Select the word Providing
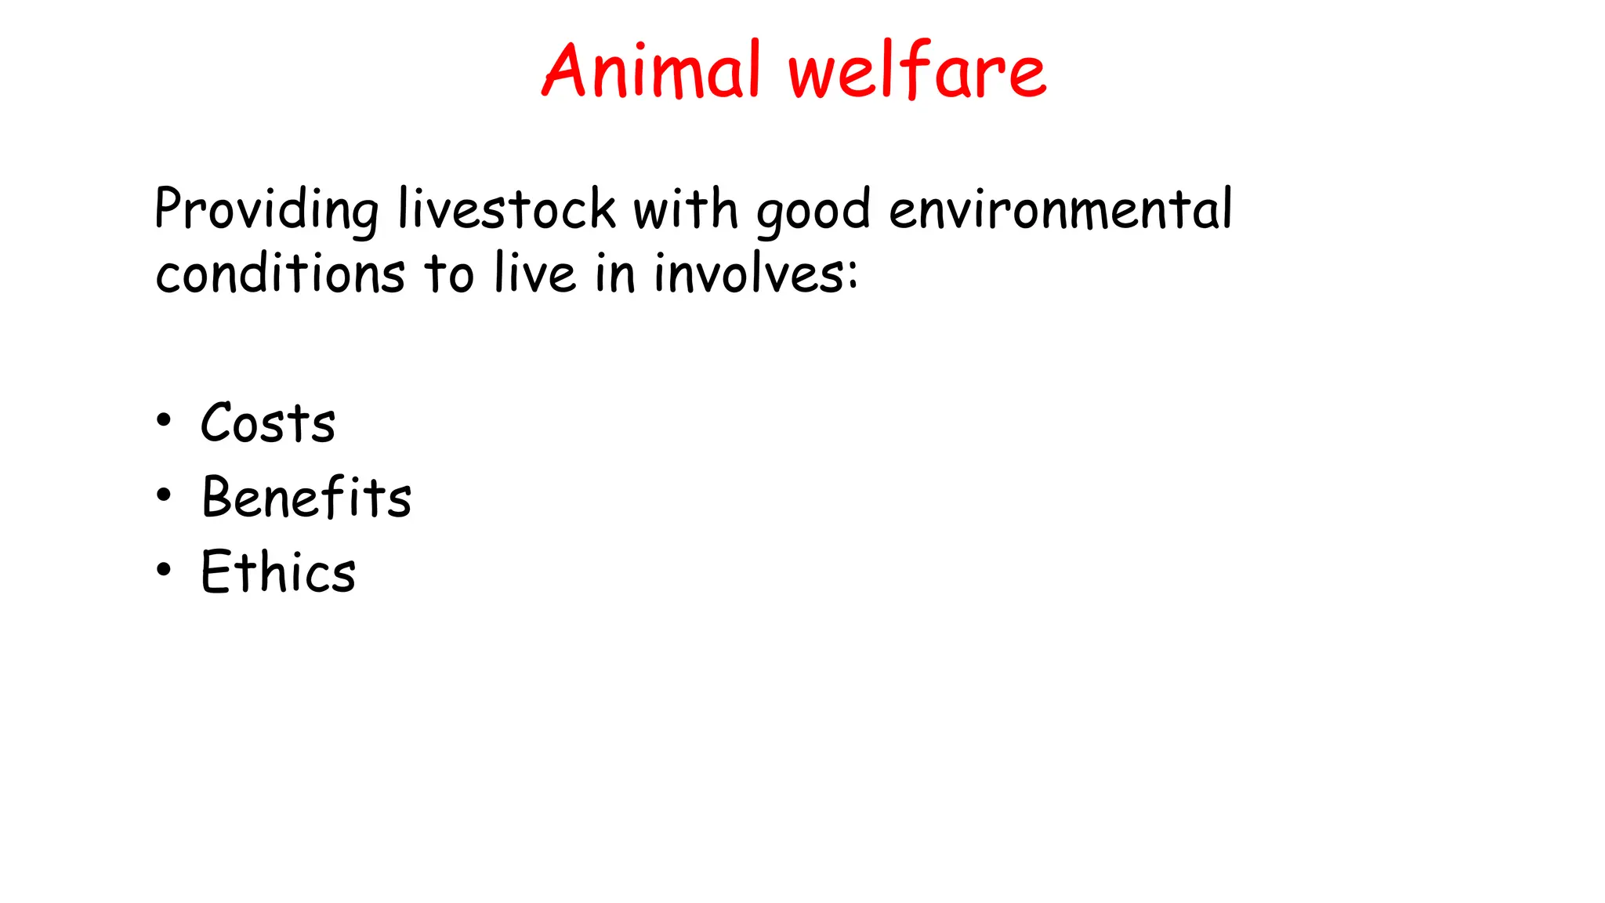coord(266,210)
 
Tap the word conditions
coord(280,274)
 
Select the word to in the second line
coord(449,274)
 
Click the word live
coord(535,274)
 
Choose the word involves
coord(748,274)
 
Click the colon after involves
coord(853,275)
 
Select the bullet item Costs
coord(268,423)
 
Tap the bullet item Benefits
coord(306,497)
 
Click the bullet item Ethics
coord(278,571)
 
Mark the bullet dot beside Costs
coord(163,421)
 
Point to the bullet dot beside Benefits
coord(163,495)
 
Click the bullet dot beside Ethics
coord(163,570)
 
